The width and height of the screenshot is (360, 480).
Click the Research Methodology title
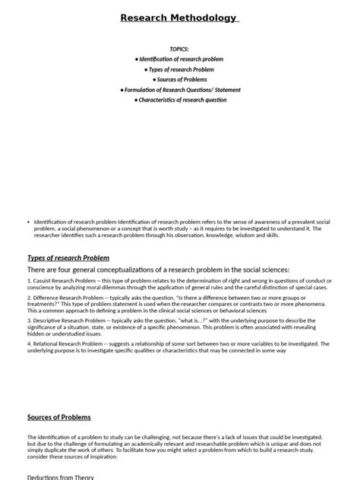click(179, 17)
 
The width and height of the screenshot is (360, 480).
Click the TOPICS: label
click(179, 48)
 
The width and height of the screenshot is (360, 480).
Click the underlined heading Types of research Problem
click(68, 257)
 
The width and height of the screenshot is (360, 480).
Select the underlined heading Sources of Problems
click(58, 417)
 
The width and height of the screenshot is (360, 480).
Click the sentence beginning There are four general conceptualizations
click(158, 270)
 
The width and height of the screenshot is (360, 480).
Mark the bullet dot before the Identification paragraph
click(28, 222)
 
